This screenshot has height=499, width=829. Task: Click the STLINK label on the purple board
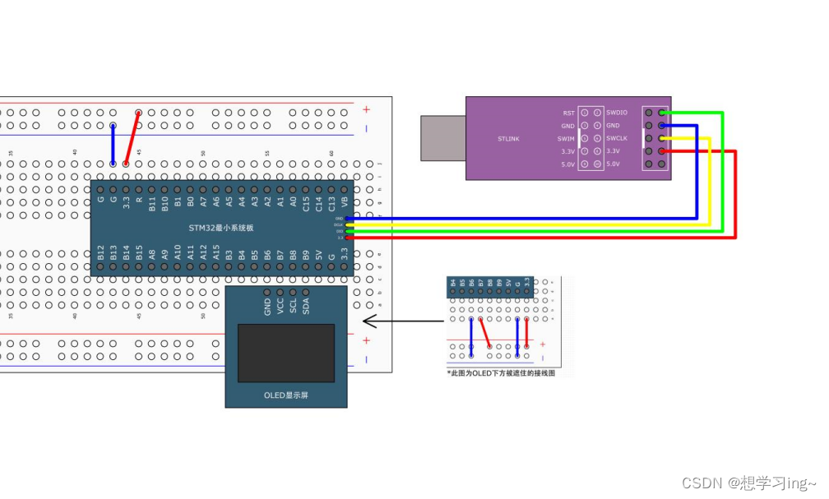tap(509, 138)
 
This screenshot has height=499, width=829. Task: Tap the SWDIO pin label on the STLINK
tap(617, 113)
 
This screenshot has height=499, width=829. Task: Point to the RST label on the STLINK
tap(568, 113)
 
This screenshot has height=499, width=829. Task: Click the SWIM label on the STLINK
tap(567, 138)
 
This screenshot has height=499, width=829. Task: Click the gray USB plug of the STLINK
tap(443, 138)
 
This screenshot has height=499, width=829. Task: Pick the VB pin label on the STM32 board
tap(345, 200)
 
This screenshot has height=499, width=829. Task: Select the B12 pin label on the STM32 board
tap(100, 253)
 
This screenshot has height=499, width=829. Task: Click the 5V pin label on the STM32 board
tap(319, 256)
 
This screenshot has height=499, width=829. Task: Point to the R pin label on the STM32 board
tap(139, 200)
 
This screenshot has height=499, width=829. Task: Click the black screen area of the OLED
tap(286, 353)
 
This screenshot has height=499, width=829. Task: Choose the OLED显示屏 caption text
tap(286, 395)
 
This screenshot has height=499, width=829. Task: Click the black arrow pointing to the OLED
tap(398, 321)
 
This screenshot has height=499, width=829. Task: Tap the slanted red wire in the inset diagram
tap(485, 332)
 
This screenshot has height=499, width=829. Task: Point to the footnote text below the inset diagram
tap(501, 372)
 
